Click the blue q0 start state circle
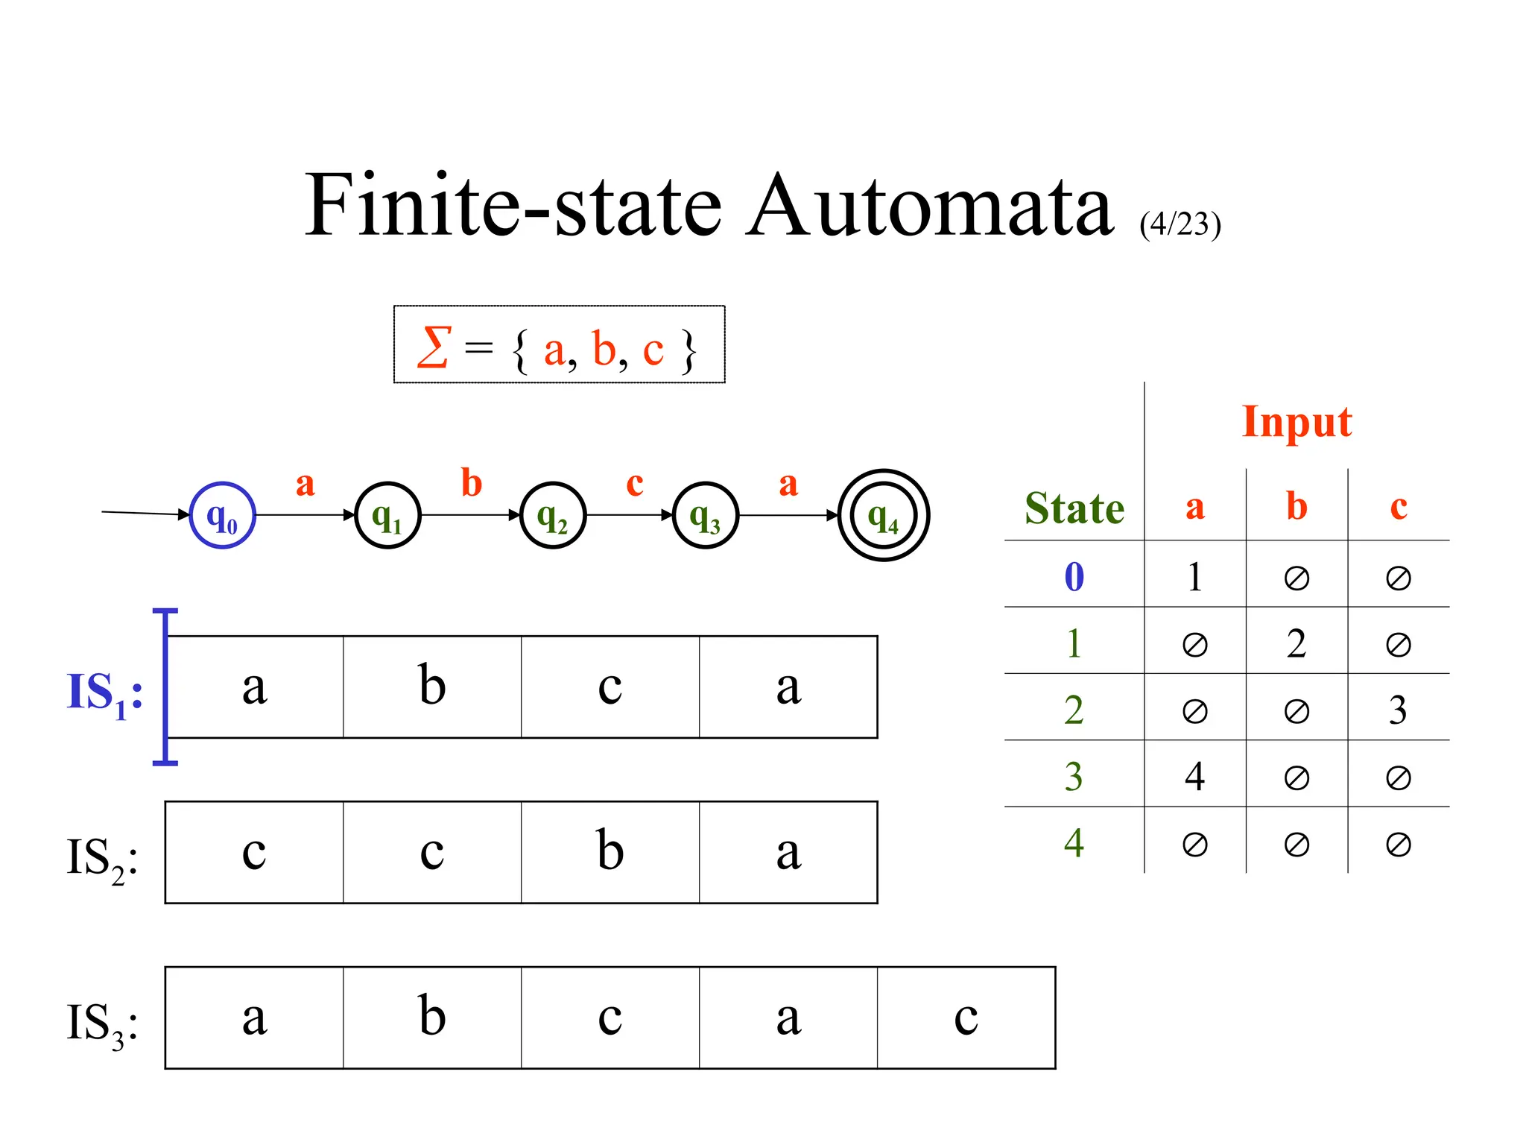tap(222, 515)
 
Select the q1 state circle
tap(387, 515)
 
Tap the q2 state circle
tap(553, 515)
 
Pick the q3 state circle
tap(705, 515)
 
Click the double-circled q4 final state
tap(884, 515)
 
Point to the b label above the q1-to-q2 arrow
tap(472, 483)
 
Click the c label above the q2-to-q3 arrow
tap(635, 483)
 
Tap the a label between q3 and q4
tap(788, 483)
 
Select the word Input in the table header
tap(1297, 423)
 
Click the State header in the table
tap(1074, 508)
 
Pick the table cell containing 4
tap(1194, 776)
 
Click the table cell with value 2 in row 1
tap(1297, 643)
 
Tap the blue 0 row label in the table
tap(1074, 576)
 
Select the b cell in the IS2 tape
tap(610, 852)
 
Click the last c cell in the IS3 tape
tap(966, 1018)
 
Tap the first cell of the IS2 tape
tap(254, 852)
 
